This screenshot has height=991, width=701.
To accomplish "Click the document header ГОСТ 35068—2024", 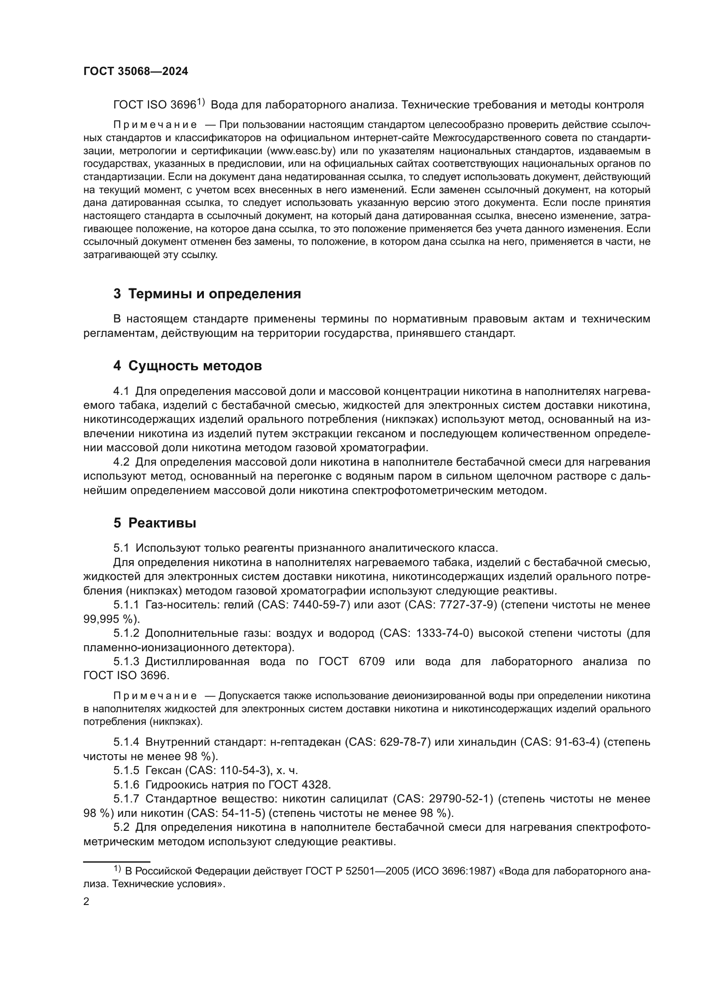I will point(136,72).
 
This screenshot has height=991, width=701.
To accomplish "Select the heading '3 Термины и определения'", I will point(207,294).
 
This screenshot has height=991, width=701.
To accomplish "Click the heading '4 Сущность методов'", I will point(187,366).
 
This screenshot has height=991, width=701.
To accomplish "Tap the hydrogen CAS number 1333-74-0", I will point(455,633).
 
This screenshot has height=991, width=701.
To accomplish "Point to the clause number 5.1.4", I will point(126,742).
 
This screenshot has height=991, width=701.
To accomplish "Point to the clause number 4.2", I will point(121,462).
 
